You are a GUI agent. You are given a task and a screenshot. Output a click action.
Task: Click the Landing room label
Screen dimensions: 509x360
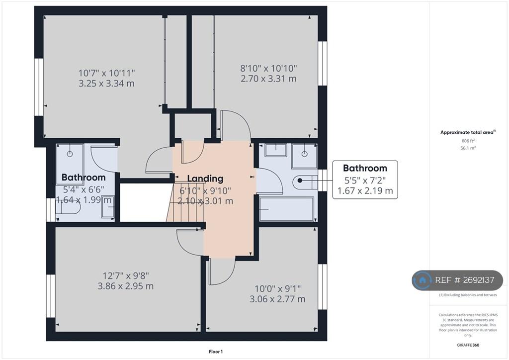[205, 179]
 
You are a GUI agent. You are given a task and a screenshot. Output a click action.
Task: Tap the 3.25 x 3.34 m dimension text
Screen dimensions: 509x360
[106, 84]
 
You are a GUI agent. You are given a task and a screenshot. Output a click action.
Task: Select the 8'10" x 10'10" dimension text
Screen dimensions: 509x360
[269, 69]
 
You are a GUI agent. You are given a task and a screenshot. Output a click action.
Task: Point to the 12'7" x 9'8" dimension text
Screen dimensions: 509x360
[126, 276]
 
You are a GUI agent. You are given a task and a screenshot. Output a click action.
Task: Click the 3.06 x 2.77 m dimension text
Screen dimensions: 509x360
[277, 299]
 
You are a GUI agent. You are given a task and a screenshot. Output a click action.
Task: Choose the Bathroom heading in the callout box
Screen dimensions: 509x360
[365, 168]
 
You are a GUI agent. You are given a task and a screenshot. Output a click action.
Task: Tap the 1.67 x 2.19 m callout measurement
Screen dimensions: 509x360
[365, 190]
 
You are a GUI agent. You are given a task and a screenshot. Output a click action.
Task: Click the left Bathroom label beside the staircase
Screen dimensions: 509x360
[84, 177]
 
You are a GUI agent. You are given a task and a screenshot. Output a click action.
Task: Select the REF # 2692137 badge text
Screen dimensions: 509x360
[465, 280]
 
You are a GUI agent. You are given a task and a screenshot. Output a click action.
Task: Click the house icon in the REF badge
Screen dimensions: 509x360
[423, 280]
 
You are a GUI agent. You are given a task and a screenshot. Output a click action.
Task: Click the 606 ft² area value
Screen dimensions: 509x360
[468, 141]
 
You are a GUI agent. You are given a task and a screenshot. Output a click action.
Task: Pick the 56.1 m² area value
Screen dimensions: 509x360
[468, 148]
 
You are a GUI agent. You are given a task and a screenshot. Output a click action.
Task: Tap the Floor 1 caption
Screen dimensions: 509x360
[216, 352]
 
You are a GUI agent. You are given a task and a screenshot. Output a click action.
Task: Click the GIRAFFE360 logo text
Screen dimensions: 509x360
[468, 345]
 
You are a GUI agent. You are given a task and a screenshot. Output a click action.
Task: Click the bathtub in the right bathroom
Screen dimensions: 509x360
[287, 209]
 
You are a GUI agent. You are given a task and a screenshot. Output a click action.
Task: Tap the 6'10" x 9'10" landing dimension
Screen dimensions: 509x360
[205, 190]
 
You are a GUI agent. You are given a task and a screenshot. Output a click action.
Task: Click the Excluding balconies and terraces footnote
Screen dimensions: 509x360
[468, 295]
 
